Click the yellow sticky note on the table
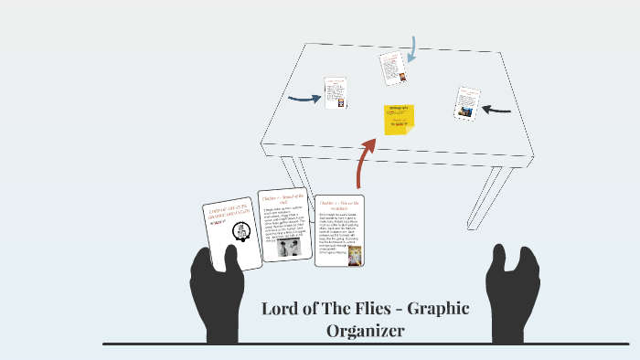[399, 120]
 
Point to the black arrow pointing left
[496, 110]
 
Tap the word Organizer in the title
[366, 331]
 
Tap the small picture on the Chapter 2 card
[355, 255]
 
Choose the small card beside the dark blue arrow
[335, 92]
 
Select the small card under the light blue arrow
[393, 69]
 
